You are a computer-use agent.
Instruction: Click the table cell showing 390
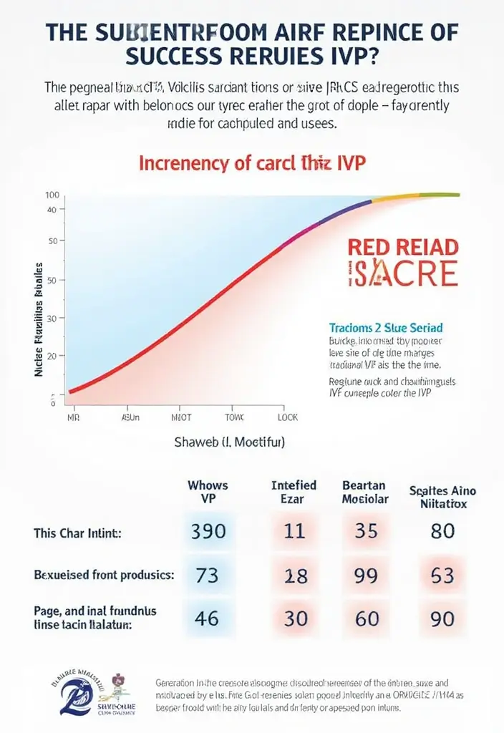[209, 532]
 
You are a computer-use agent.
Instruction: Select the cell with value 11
[295, 532]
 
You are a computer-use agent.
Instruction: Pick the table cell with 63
[442, 576]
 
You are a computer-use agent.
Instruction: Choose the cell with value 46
[207, 618]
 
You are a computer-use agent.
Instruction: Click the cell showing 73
[207, 576]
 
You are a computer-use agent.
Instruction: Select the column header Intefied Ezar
[294, 492]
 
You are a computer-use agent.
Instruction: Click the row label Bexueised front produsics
[105, 575]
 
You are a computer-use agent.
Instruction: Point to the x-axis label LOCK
[288, 417]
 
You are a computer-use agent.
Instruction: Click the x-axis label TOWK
[235, 417]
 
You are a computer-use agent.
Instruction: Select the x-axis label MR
[72, 417]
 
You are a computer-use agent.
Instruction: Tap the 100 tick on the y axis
[51, 195]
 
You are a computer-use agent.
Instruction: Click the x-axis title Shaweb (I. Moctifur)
[230, 443]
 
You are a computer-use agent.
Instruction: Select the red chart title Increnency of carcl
[252, 163]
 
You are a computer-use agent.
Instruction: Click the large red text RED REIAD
[402, 248]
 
